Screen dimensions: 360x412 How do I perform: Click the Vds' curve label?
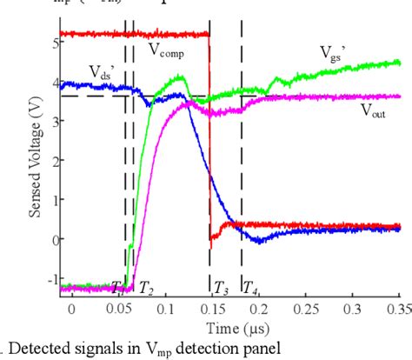pyautogui.click(x=102, y=71)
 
